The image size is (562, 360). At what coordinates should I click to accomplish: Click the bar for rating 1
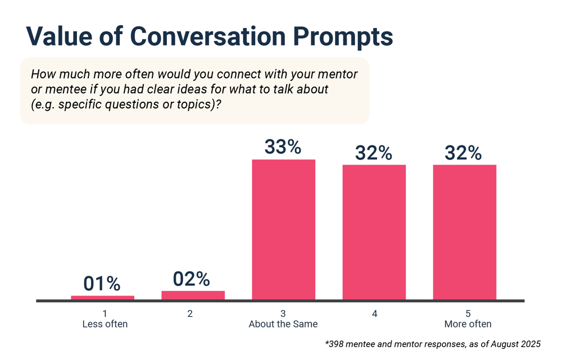click(102, 298)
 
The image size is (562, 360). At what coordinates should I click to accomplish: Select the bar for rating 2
click(193, 295)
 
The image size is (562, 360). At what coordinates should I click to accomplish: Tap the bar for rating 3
click(283, 229)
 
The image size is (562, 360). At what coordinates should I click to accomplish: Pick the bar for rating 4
click(374, 232)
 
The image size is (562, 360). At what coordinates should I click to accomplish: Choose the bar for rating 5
click(464, 232)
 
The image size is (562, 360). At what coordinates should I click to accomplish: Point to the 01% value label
click(102, 284)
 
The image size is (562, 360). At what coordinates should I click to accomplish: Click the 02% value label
click(192, 279)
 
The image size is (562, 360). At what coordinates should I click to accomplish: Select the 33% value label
click(283, 147)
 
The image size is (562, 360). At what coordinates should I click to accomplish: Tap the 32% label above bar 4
click(374, 153)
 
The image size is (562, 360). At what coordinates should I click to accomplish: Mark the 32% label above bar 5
click(464, 153)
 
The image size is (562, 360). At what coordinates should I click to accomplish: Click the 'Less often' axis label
click(105, 324)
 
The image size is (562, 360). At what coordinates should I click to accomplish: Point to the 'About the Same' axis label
click(283, 324)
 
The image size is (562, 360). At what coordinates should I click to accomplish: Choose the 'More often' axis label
click(468, 324)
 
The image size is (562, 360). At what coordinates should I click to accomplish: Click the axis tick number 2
click(190, 313)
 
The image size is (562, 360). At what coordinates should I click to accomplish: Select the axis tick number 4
click(374, 313)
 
